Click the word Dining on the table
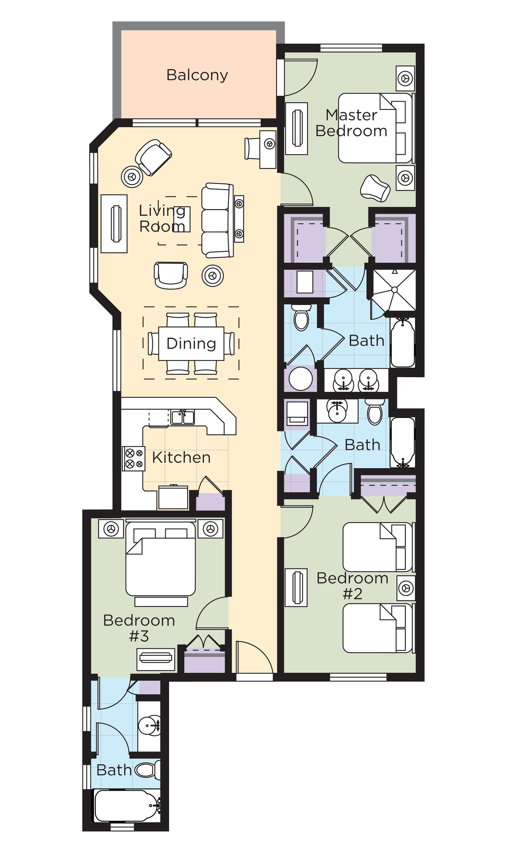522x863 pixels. tap(191, 344)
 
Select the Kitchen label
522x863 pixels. tap(181, 457)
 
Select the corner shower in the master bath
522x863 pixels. tap(394, 290)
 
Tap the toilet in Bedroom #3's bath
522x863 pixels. tap(147, 770)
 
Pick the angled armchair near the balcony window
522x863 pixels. tap(153, 157)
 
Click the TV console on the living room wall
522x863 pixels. tap(114, 223)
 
